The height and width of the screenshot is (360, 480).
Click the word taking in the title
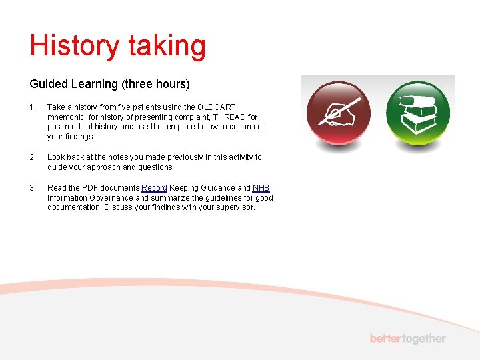click(167, 46)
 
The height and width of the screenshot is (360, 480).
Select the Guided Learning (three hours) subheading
click(110, 84)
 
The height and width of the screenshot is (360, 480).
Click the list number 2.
click(32, 157)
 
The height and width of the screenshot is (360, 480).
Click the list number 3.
click(32, 188)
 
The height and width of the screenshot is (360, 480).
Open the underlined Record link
click(154, 188)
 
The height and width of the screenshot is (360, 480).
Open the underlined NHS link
click(261, 188)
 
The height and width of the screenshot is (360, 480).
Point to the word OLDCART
click(216, 107)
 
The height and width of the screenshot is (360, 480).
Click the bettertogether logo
click(407, 339)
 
